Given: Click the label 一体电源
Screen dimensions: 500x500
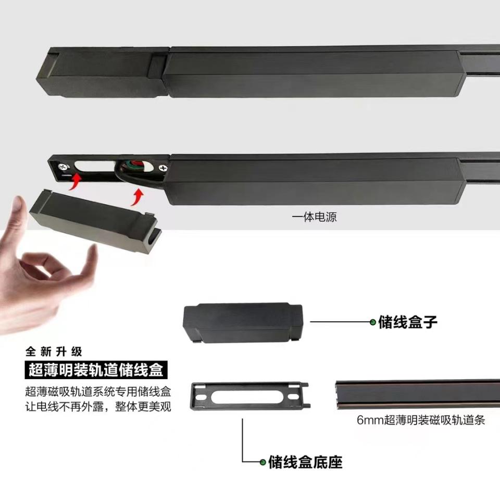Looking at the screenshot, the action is tap(314, 217).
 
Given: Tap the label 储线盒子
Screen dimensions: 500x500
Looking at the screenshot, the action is tap(407, 322).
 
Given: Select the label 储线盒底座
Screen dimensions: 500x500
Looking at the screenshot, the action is tap(305, 462).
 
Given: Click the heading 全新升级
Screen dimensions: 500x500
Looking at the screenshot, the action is tap(54, 352).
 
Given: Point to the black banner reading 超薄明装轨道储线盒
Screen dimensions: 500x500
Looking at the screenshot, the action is tap(96, 370).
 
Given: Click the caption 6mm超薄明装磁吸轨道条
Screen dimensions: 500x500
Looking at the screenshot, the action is tap(421, 420).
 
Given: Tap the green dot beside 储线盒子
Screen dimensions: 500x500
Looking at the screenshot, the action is tap(373, 322).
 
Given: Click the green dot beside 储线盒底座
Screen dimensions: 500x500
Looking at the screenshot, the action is tap(262, 462).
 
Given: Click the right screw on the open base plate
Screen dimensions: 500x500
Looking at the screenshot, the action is tap(162, 168).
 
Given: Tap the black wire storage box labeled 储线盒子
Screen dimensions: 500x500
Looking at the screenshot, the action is tap(243, 323).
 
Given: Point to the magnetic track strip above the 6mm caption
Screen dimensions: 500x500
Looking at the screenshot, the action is tap(418, 394).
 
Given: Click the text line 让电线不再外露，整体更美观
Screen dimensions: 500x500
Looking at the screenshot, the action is tap(98, 407).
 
